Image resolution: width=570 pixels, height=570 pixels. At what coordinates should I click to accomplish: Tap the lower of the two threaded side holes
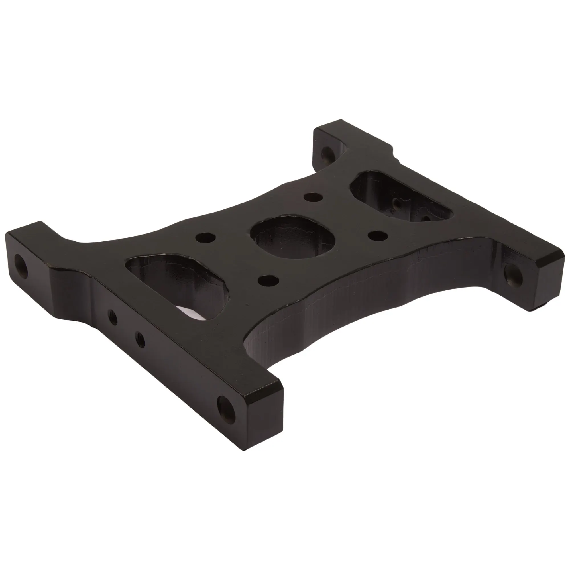point(140,339)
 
